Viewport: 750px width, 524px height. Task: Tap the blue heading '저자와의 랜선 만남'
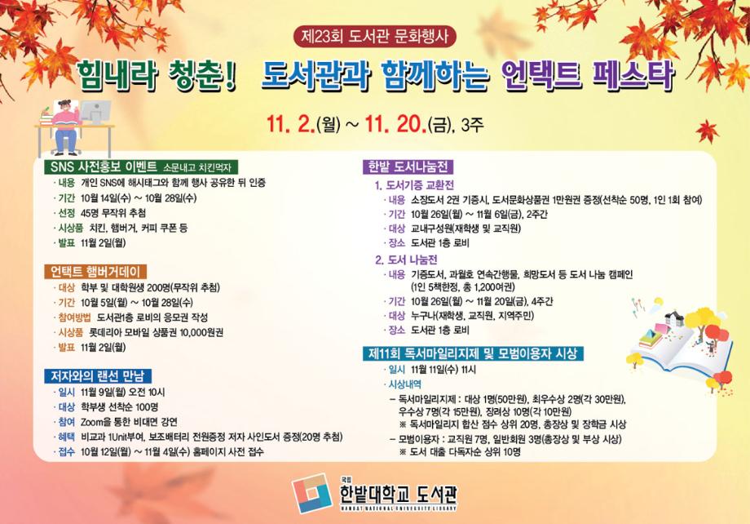tap(96, 376)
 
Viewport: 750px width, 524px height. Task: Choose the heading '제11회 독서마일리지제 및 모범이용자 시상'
tap(473, 353)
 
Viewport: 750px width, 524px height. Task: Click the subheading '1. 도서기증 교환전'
tap(415, 184)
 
